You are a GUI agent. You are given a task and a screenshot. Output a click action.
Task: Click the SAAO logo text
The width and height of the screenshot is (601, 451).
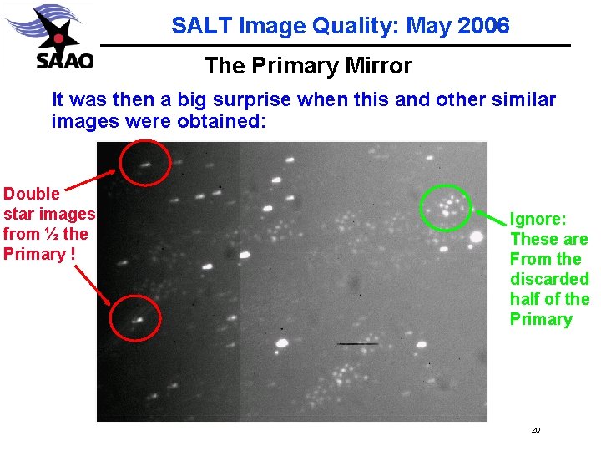(64, 61)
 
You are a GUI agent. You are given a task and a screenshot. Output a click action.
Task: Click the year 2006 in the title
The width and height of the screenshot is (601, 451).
(483, 26)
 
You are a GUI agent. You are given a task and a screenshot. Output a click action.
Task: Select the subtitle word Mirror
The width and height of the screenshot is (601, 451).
(380, 65)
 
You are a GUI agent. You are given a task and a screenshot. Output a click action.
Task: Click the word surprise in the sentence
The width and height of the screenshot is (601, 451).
(248, 99)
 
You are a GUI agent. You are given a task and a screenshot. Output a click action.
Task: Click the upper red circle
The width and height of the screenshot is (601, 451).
(145, 163)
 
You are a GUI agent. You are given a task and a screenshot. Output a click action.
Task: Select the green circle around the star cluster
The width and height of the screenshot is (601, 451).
(447, 205)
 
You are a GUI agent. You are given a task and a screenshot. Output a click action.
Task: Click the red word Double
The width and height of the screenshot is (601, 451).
(32, 194)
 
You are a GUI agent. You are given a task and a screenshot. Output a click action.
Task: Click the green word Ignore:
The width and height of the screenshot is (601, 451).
(538, 219)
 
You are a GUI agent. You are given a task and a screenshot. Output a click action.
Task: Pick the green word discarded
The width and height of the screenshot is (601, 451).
(549, 279)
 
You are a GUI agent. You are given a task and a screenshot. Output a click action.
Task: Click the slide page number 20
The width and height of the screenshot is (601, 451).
(535, 430)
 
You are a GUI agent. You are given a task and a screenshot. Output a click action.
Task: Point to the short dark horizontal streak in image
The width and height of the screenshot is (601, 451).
(357, 343)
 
